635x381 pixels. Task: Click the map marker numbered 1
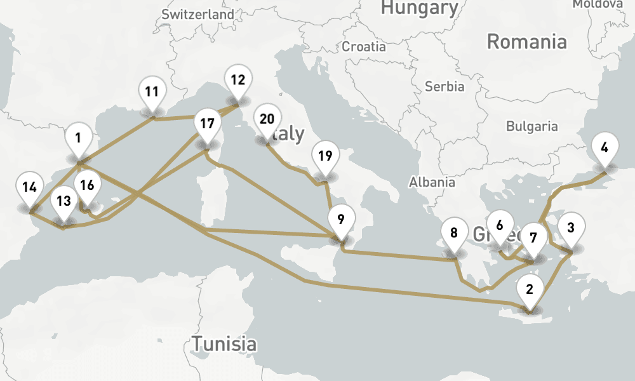tap(78, 138)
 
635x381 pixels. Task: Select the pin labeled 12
tap(237, 80)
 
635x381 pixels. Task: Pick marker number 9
tap(341, 220)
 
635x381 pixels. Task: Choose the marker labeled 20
tap(267, 119)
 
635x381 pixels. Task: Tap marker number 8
tap(453, 232)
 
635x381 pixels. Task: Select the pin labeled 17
tap(206, 124)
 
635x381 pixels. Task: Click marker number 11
tap(151, 91)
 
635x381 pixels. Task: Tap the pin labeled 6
tap(500, 225)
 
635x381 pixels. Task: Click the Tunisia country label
tap(225, 345)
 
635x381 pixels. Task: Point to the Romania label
tap(526, 43)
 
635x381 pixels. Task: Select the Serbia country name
tap(444, 86)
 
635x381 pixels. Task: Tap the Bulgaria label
tap(531, 126)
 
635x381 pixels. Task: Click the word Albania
tap(432, 182)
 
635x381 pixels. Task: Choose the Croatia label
tap(364, 46)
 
